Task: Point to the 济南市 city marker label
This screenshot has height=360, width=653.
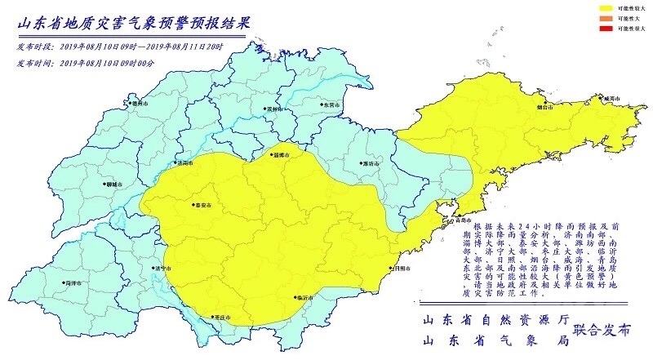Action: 184,163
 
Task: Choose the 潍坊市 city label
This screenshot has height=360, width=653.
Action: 369,163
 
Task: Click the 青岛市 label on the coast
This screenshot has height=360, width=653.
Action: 461,220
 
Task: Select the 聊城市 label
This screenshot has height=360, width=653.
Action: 113,184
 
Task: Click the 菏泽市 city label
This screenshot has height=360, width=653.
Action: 74,282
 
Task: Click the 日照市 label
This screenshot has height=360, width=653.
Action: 399,268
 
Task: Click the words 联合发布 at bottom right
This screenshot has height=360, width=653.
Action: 602,330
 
